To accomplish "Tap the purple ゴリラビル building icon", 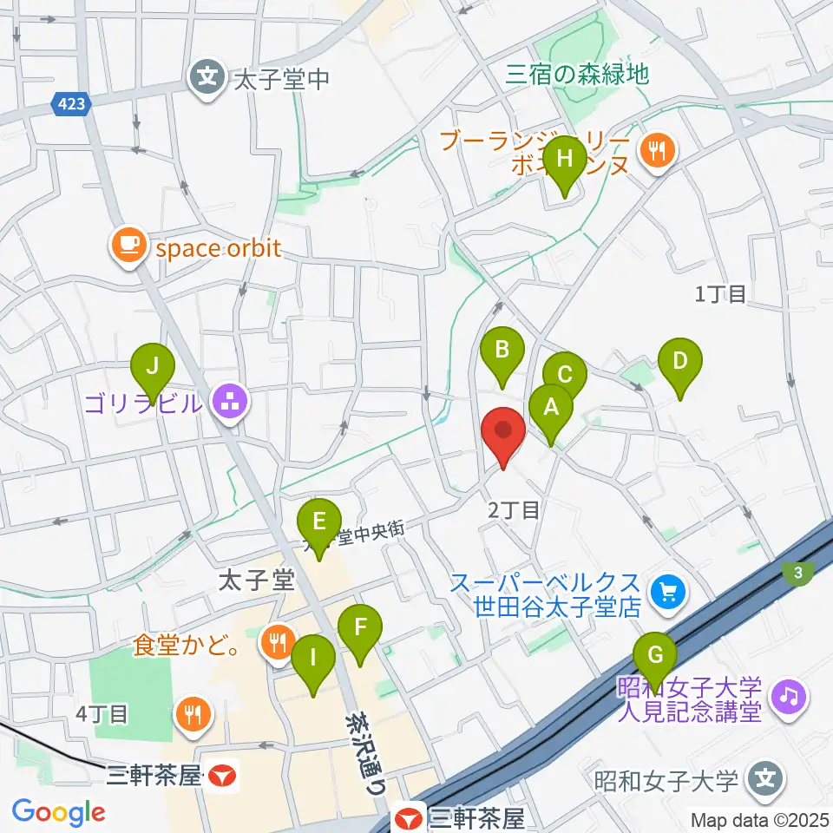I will (x=231, y=403).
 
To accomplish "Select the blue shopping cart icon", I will (x=668, y=594).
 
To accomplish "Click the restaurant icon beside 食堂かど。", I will (x=278, y=643).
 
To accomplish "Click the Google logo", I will (x=59, y=812).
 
